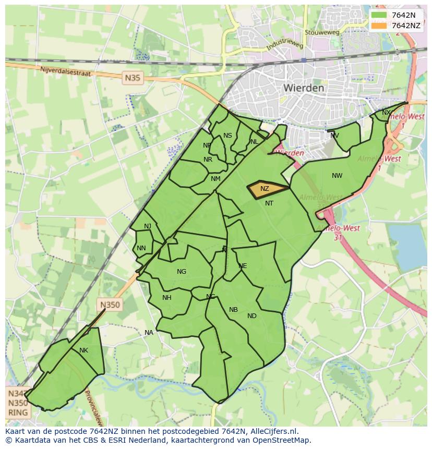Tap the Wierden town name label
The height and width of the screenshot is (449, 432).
pyautogui.click(x=303, y=88)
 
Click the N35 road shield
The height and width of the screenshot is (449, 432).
pyautogui.click(x=133, y=78)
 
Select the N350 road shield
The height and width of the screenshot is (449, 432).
pyautogui.click(x=110, y=305)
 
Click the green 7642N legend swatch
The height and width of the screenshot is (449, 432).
pyautogui.click(x=379, y=15)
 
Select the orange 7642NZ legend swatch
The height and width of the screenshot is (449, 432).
pyautogui.click(x=379, y=26)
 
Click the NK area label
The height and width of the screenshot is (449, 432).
pyautogui.click(x=83, y=350)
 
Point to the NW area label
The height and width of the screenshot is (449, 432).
pyautogui.click(x=337, y=176)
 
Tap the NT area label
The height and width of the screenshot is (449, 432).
pyautogui.click(x=269, y=203)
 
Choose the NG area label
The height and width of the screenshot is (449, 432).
pyautogui.click(x=182, y=272)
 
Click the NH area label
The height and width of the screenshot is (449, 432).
pyautogui.click(x=167, y=298)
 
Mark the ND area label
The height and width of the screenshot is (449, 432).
pyautogui.click(x=252, y=316)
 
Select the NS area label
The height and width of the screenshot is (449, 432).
pyautogui.click(x=227, y=136)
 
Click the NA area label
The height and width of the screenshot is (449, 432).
pyautogui.click(x=149, y=333)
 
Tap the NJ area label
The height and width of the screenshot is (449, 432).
pyautogui.click(x=148, y=226)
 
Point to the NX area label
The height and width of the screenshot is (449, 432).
pyautogui.click(x=386, y=113)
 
